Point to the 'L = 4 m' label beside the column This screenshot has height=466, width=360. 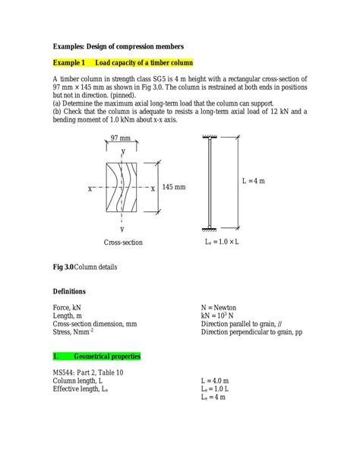[254, 182]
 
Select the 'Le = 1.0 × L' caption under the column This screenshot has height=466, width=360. [223, 243]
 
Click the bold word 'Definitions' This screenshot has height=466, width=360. [69, 292]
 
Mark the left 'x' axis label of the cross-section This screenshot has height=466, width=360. [89, 188]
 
